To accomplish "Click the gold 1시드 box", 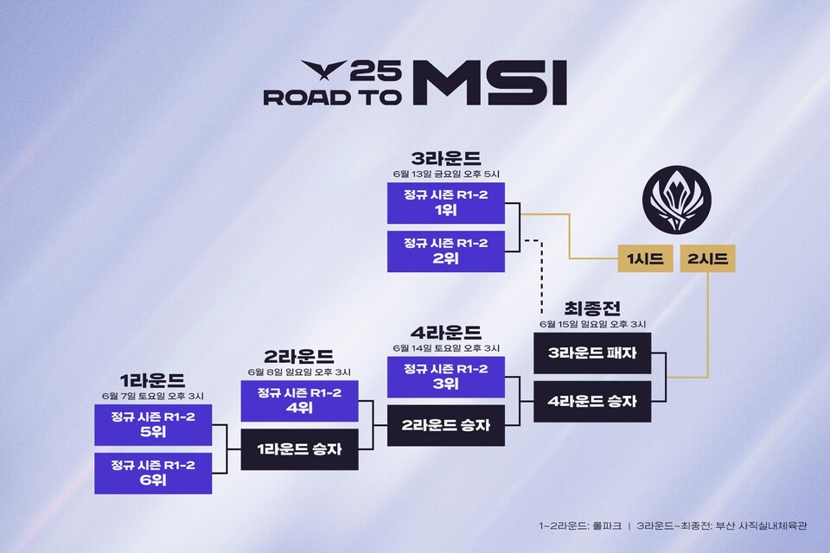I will coord(645,257).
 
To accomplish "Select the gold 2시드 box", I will coord(707,257).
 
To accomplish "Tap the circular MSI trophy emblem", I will coord(677,200).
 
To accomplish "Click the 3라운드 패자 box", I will coord(591,353).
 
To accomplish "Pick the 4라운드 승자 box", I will coord(591,401).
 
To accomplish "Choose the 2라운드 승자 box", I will coord(445,425).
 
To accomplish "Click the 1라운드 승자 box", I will coord(299,449).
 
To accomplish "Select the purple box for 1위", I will coord(445,203).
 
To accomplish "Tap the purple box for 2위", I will coord(445,251).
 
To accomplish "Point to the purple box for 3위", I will coord(445,378).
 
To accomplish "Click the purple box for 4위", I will coord(299,401).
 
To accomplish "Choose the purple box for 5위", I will coord(153,425).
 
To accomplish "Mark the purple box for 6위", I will coord(153,473).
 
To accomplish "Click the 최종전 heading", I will coord(591,308).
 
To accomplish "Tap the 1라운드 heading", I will coord(153,381).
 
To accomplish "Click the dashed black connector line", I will coord(539,268).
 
